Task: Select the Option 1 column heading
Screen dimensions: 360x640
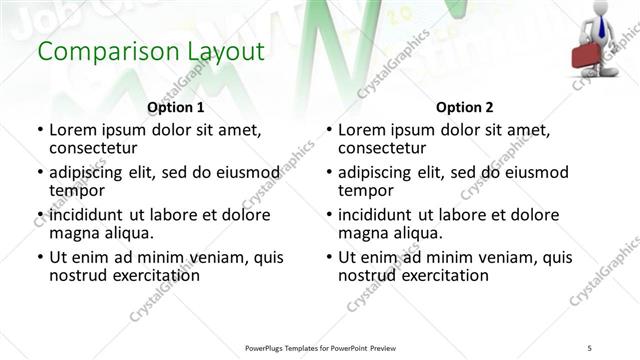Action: (175, 107)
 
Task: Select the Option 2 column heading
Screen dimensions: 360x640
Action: (465, 107)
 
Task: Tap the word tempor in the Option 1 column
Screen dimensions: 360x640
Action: (77, 191)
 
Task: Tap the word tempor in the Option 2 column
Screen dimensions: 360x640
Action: (367, 191)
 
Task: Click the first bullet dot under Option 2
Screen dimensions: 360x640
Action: (330, 131)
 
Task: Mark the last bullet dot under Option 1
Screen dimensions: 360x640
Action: (40, 257)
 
